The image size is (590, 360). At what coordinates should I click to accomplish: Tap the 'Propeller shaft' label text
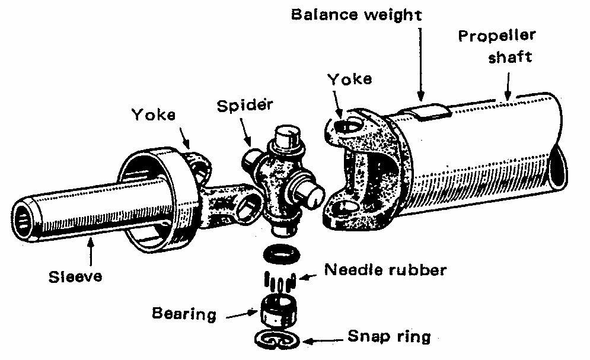[x=497, y=46]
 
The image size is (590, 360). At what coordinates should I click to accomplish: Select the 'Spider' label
[x=245, y=106]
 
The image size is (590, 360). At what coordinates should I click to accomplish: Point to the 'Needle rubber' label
[x=385, y=270]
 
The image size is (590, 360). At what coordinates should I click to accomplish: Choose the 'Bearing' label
[x=184, y=313]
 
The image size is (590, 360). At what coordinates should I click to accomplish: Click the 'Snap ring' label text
[x=388, y=337]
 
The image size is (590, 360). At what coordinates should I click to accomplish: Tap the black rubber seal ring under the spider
[x=279, y=253]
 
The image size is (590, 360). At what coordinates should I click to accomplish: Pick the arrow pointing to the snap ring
[x=323, y=340]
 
